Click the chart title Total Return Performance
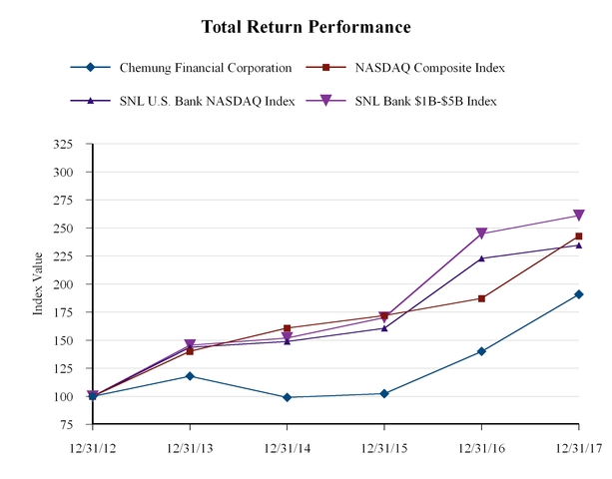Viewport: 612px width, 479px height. [306, 26]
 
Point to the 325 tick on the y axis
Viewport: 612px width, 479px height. [62, 144]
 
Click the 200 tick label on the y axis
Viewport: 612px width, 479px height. [62, 284]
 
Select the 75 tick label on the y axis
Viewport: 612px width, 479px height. [66, 425]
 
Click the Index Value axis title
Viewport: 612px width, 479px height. [38, 285]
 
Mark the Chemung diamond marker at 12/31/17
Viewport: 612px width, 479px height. [579, 294]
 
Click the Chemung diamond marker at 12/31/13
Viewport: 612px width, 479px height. [190, 376]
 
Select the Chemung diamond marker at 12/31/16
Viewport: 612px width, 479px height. [482, 351]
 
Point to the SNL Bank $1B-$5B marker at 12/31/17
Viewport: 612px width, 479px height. [579, 216]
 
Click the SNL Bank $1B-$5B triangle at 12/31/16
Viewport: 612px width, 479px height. [482, 234]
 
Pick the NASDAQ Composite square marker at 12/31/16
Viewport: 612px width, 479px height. [482, 298]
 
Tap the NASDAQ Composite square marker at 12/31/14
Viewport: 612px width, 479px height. [288, 328]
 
